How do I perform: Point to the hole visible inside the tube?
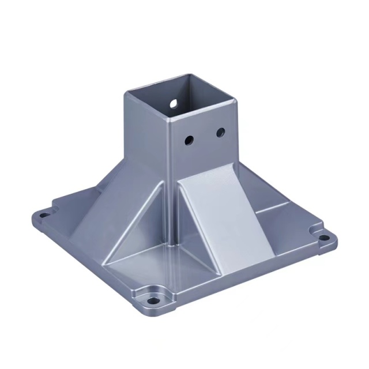173,103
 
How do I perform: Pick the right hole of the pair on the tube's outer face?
220,133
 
